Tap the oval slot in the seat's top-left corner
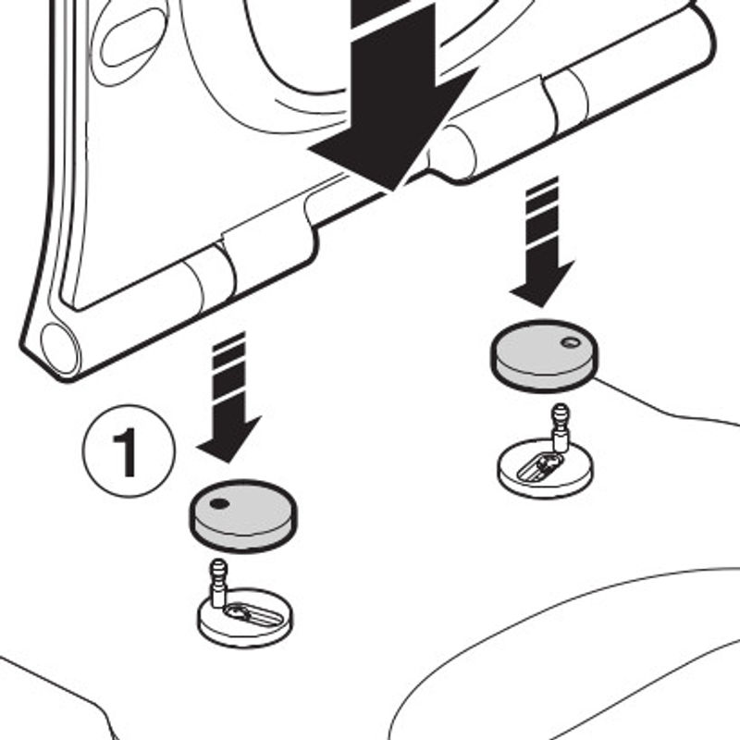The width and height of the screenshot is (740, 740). pyautogui.click(x=133, y=37)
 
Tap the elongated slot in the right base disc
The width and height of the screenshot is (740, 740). pyautogui.click(x=540, y=465)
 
